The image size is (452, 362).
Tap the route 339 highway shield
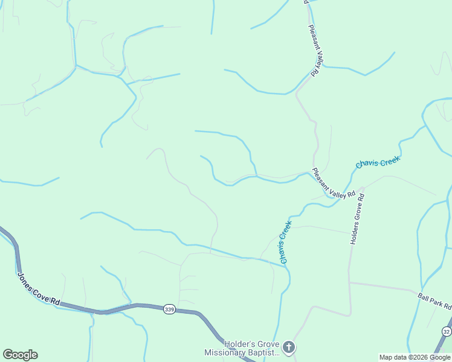click(x=169, y=310)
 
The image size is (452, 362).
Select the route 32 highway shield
click(x=446, y=331)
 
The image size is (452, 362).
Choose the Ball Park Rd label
click(x=434, y=300)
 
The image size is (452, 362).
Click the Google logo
click(x=19, y=355)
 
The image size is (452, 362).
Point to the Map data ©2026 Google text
click(x=415, y=357)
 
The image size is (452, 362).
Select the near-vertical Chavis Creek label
click(x=285, y=242)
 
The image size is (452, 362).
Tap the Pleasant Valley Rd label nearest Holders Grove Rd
click(x=334, y=184)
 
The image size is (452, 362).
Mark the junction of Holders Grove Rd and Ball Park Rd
click(x=349, y=282)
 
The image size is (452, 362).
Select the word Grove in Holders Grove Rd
click(x=356, y=217)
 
